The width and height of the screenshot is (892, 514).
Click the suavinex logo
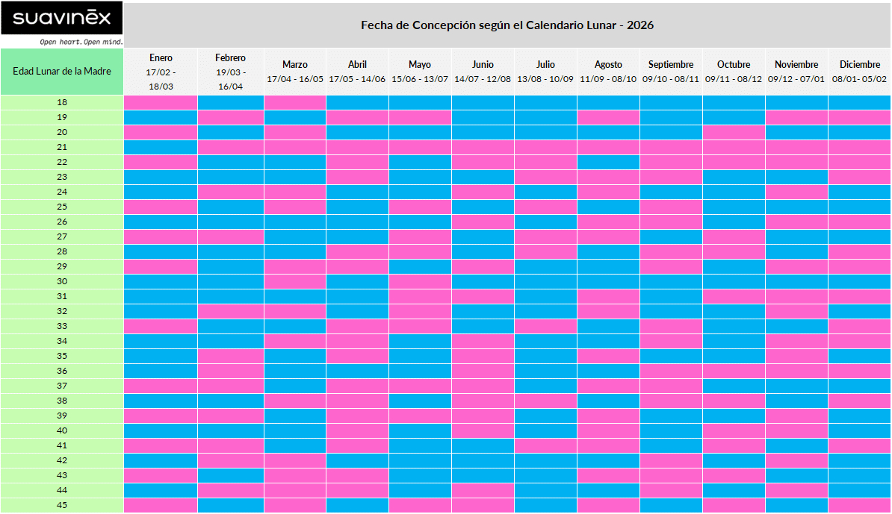coord(61,18)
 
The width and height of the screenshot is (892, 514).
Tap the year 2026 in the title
coord(640,25)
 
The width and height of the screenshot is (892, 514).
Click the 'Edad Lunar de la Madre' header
coord(62,72)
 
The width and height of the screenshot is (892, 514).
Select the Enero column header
coord(161,58)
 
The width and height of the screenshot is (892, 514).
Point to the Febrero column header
coord(230,58)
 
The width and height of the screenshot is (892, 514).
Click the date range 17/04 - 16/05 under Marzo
coord(295,79)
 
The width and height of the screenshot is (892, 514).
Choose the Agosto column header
coord(608,65)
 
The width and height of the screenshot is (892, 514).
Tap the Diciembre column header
coord(859,65)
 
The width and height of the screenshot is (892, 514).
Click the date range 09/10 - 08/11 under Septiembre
coord(671,79)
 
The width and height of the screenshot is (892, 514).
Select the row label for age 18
coord(62,102)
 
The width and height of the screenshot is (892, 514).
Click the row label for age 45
coord(62,505)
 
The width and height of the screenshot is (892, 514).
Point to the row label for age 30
coord(62,281)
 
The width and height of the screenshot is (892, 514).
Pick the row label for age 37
coord(62,386)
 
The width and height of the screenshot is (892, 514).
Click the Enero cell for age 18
coord(161,102)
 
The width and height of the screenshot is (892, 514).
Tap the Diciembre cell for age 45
coord(859,505)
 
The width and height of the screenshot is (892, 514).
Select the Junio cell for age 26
coord(483,222)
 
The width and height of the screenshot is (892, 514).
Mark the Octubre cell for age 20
coord(734,132)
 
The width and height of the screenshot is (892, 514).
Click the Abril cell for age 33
coord(357,326)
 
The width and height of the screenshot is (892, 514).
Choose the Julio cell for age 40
coord(545,430)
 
